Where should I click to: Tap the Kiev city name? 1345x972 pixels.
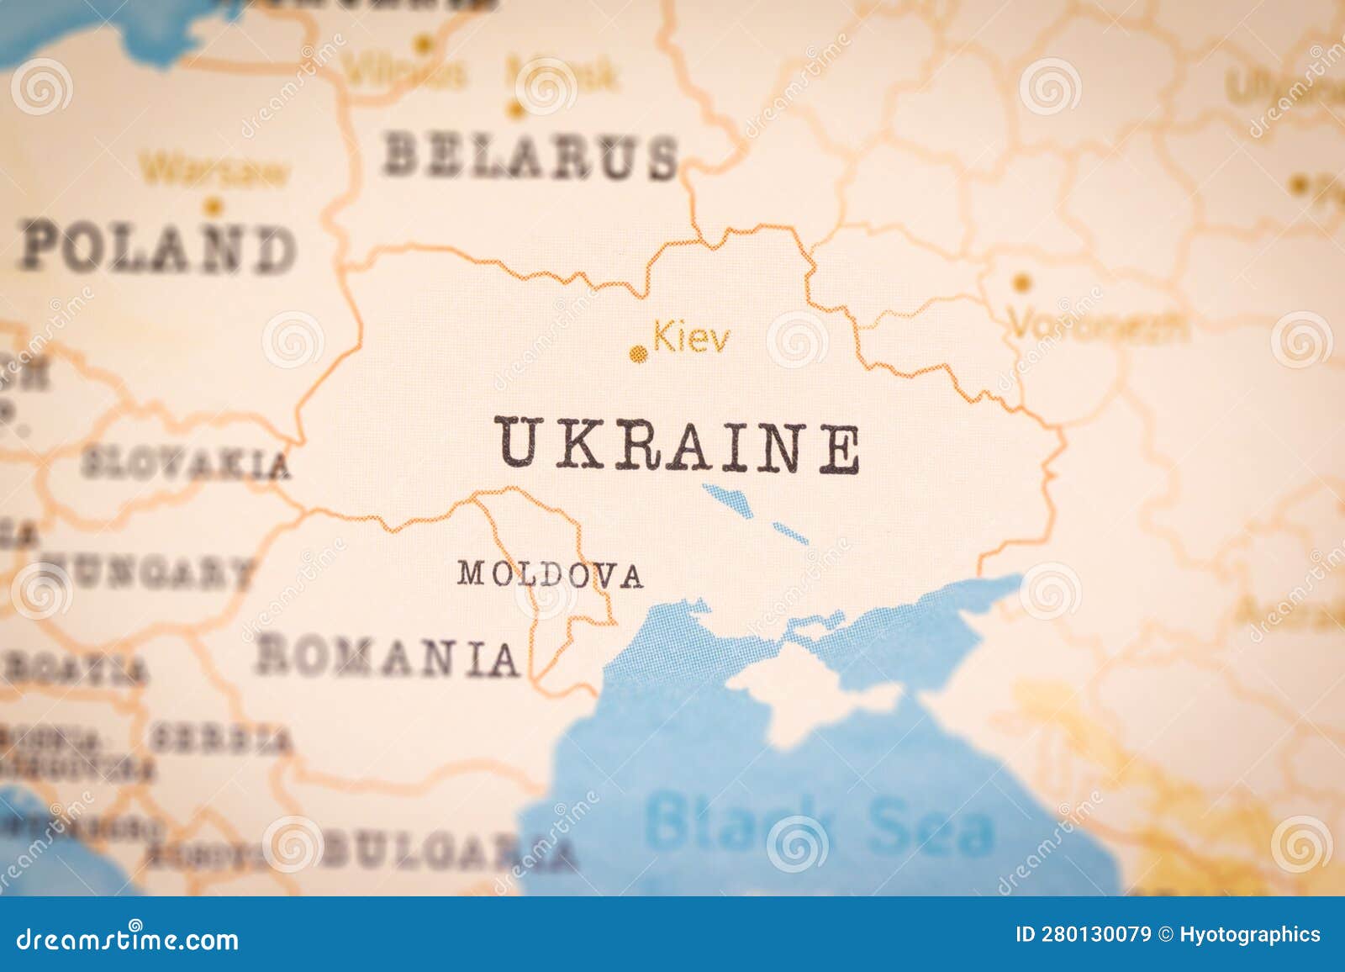pyautogui.click(x=692, y=339)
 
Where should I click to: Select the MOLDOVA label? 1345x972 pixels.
pyautogui.click(x=551, y=574)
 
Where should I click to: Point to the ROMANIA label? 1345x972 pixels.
pyautogui.click(x=388, y=657)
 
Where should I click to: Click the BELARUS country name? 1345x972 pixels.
pyautogui.click(x=530, y=156)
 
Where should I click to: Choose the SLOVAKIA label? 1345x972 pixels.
pyautogui.click(x=186, y=463)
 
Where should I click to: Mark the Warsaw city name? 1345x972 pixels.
pyautogui.click(x=213, y=171)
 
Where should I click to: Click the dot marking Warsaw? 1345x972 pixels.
pyautogui.click(x=214, y=203)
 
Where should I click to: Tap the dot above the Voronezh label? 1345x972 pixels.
pyautogui.click(x=1021, y=283)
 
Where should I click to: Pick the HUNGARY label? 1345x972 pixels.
pyautogui.click(x=147, y=573)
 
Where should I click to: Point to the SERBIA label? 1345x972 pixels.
pyautogui.click(x=221, y=739)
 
